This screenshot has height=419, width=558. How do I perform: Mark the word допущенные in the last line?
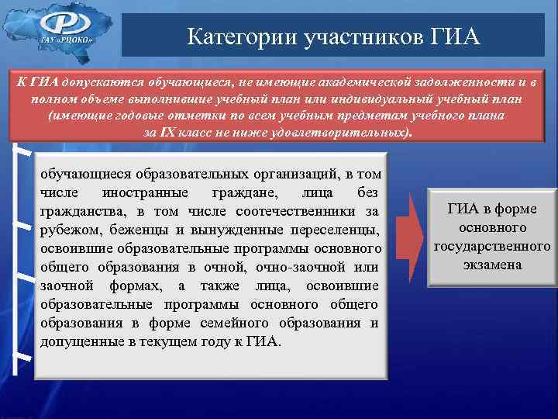[80, 341]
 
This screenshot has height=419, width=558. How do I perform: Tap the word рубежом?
[69, 230]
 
